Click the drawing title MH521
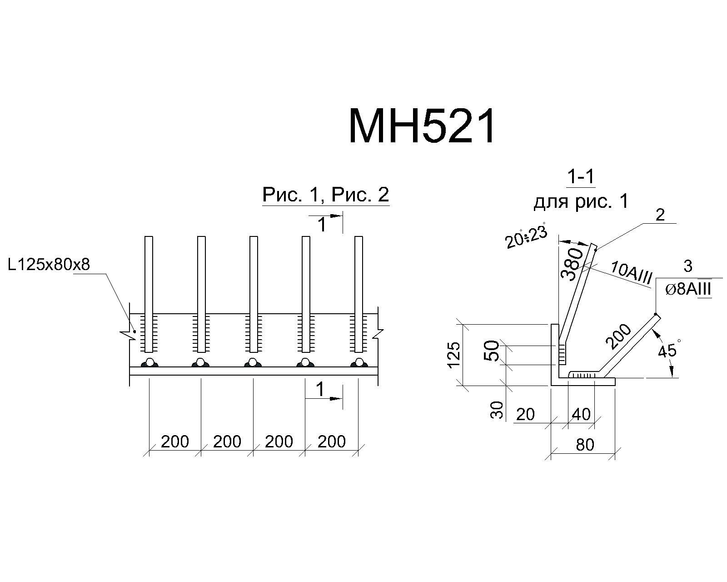pos(422,126)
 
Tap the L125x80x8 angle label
pos(49,264)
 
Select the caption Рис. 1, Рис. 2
pos(326,195)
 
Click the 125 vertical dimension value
pos(454,354)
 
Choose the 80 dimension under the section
pos(585,445)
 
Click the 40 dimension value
pos(582,414)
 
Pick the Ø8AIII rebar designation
pos(688,290)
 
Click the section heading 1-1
pos(581,177)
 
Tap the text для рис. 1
pos(581,201)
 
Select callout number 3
pos(688,266)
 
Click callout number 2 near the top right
pos(660,215)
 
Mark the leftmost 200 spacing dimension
pos(174,442)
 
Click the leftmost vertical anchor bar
pos(149,294)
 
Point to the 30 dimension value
pos(496,410)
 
